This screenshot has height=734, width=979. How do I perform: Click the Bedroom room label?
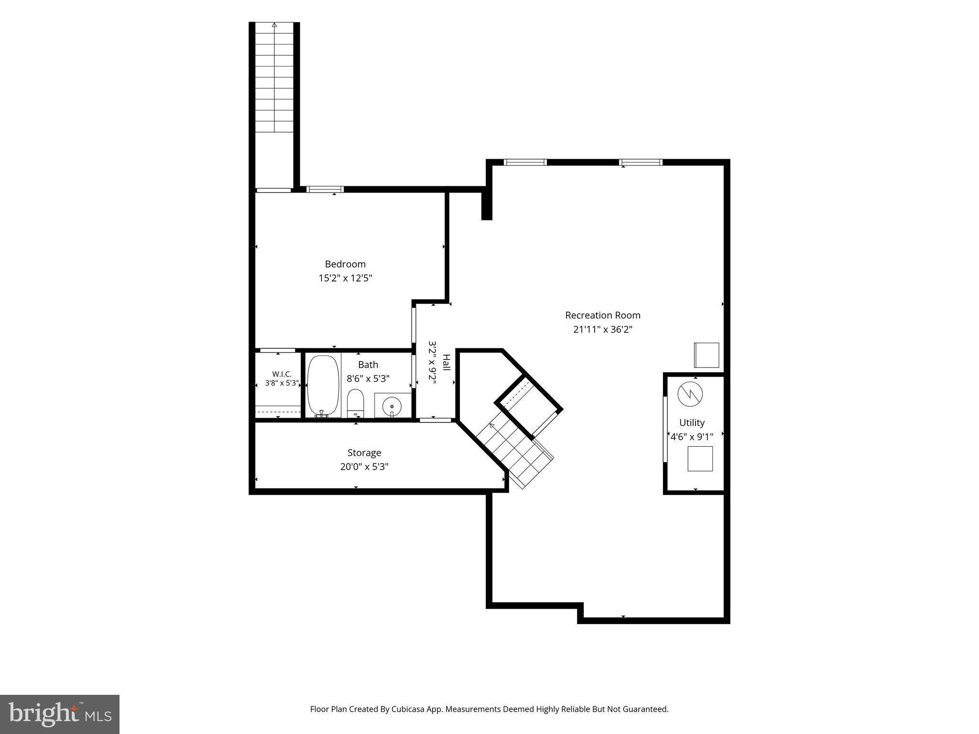(x=345, y=264)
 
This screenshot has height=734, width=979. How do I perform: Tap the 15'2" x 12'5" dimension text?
(x=345, y=278)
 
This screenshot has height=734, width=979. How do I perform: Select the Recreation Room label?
(x=603, y=315)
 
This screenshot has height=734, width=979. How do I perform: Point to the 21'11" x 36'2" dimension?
(x=603, y=329)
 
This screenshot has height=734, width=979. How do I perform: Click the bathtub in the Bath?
(x=323, y=386)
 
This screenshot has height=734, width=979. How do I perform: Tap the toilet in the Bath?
(x=355, y=403)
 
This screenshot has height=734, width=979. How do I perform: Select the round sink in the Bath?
(x=392, y=406)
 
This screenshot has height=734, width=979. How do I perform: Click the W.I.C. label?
(x=282, y=374)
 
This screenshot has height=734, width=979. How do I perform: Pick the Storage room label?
(x=364, y=453)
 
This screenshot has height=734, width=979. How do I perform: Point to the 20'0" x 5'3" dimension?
(x=364, y=467)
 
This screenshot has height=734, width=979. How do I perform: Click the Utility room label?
(x=692, y=422)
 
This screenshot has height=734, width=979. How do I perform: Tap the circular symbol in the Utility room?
(x=690, y=394)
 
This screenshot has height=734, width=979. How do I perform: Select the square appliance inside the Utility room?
(x=700, y=459)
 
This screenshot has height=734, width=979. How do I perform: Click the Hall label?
(x=446, y=362)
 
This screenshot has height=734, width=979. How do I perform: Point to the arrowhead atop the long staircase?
(x=274, y=24)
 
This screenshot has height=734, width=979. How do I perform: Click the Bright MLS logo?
(x=60, y=714)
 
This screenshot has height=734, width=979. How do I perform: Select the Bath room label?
(x=368, y=365)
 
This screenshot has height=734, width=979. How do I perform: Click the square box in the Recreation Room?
(x=707, y=355)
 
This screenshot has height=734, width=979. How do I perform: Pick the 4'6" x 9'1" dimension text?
(x=692, y=436)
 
